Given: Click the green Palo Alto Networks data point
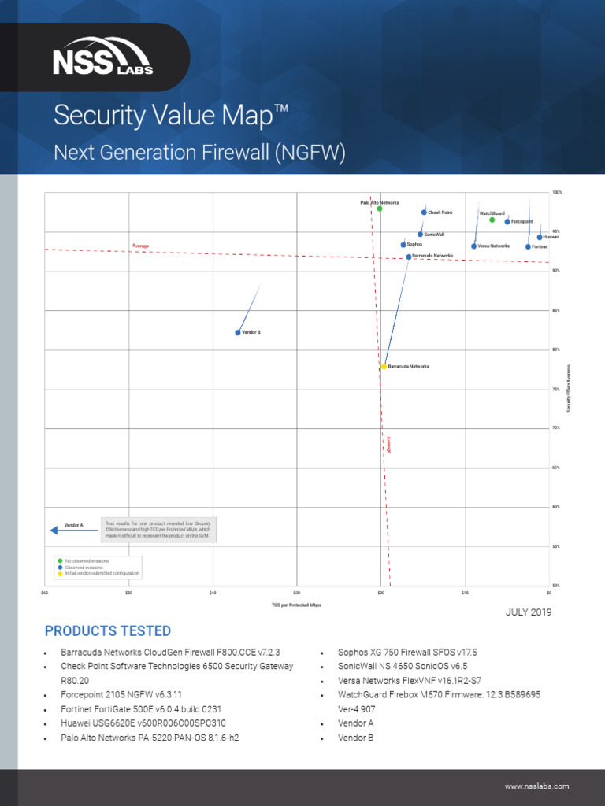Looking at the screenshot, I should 380,209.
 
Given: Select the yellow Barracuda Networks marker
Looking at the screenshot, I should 384,367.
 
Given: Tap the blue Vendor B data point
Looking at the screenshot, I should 238,332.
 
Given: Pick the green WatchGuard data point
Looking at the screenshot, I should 492,220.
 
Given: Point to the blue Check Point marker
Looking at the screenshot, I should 424,213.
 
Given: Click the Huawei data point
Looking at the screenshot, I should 540,237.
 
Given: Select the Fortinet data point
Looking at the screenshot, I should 529,247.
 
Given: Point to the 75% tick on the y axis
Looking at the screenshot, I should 556,389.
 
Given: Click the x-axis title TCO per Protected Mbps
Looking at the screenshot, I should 296,605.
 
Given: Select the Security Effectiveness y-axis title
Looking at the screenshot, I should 568,387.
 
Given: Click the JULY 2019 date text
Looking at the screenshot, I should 529,612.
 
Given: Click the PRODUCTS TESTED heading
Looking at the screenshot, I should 108,631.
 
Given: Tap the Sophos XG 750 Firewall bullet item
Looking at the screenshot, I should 407,653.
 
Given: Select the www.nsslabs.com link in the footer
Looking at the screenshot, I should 536,786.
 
